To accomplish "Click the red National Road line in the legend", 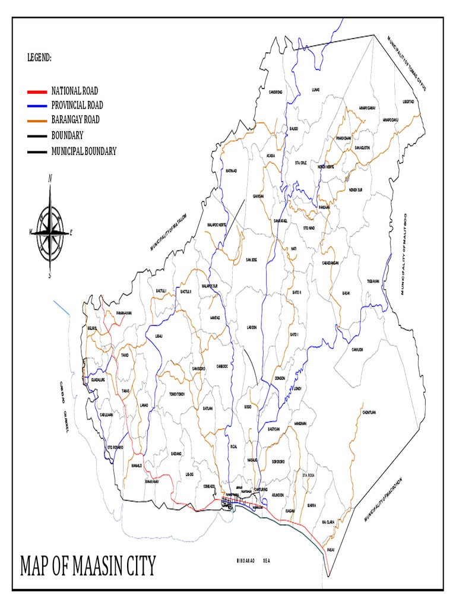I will (37, 91).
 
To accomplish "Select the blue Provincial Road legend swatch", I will (37, 106).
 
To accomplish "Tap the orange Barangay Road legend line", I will (37, 120).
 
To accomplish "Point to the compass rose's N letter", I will (50, 178).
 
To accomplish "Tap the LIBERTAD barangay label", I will (408, 102).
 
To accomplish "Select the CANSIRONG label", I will (275, 92).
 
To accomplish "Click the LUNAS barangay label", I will (316, 90).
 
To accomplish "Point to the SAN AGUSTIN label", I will (363, 147).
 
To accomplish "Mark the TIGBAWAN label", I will (373, 280).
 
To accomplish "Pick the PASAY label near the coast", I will (331, 550).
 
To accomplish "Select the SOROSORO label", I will (278, 461).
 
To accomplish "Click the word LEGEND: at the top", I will (39, 58).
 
